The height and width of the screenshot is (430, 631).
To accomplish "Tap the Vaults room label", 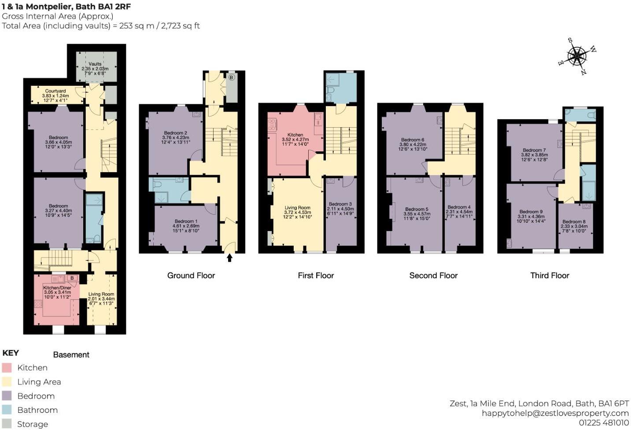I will [x=95, y=64].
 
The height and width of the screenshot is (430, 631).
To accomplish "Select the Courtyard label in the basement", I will [x=55, y=91].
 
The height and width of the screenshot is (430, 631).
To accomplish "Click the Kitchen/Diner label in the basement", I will [x=57, y=287].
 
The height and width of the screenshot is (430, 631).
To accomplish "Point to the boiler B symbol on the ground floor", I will [x=232, y=77].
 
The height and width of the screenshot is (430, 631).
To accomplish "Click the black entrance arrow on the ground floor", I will [x=229, y=257].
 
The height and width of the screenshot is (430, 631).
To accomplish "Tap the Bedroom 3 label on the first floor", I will [x=340, y=204].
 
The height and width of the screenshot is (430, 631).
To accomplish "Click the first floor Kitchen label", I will [x=295, y=135].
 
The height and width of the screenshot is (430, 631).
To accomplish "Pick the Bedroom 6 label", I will [x=413, y=140].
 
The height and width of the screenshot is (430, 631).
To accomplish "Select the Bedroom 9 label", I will [x=531, y=212].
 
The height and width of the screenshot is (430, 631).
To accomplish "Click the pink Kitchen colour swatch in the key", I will [x=7, y=368].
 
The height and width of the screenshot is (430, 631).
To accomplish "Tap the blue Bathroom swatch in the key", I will [x=7, y=410].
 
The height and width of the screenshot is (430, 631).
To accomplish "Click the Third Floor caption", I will [x=550, y=276].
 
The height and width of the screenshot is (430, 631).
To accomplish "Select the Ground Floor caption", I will [x=191, y=276].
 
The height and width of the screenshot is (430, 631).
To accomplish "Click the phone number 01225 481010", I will [x=604, y=423].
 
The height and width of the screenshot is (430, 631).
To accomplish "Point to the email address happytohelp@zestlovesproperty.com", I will [x=555, y=413].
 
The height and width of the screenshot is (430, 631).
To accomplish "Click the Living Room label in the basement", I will [x=101, y=294].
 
